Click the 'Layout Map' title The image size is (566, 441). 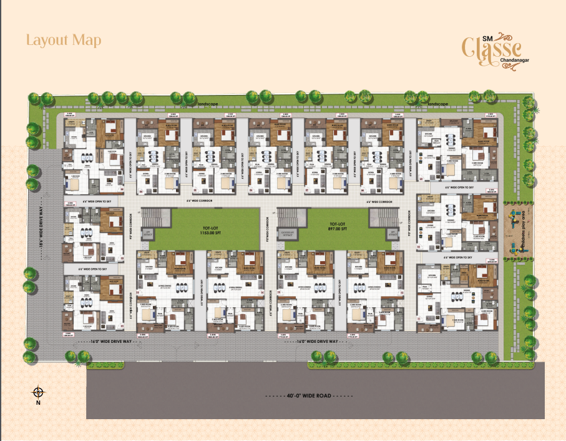click(64, 40)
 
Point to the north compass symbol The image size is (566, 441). click(38, 392)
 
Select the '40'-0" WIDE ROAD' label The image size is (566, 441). click(308, 397)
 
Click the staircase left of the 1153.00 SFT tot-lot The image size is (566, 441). click(156, 218)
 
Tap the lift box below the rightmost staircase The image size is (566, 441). click(393, 233)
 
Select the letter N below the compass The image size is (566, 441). click(38, 403)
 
